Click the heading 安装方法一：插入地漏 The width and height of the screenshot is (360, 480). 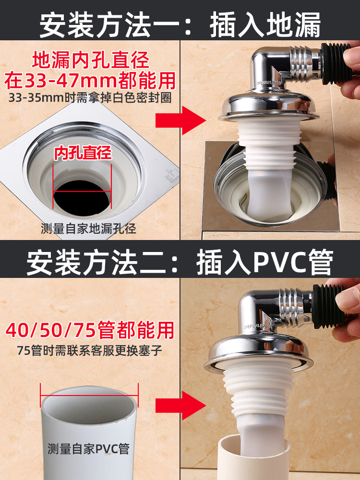click(x=180, y=24)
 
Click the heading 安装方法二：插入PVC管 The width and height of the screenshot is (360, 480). click(x=180, y=263)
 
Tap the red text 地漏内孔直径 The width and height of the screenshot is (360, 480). click(x=91, y=60)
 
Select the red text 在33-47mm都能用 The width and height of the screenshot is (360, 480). click(x=90, y=81)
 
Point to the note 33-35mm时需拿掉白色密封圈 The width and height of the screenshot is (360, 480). click(x=90, y=97)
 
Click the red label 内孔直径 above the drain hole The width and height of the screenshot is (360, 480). click(x=83, y=153)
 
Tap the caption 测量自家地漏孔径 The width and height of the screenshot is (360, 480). click(x=88, y=228)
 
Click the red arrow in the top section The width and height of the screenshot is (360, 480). click(x=180, y=120)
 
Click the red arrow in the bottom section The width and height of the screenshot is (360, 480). click(x=180, y=406)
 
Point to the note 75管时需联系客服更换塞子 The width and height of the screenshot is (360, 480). click(x=89, y=350)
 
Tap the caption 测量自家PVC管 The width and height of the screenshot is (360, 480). click(x=88, y=449)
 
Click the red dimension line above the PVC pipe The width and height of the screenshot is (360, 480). click(x=89, y=395)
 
